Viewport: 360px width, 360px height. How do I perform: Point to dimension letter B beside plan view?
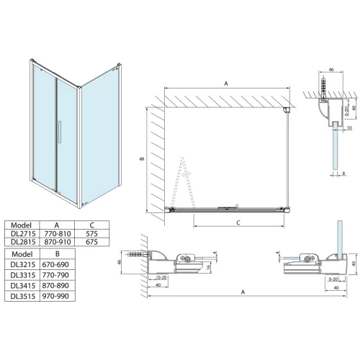pyautogui.click(x=143, y=159)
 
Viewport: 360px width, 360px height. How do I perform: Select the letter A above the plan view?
pyautogui.click(x=226, y=84)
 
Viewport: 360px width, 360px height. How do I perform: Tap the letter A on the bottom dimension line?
pyautogui.click(x=245, y=292)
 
